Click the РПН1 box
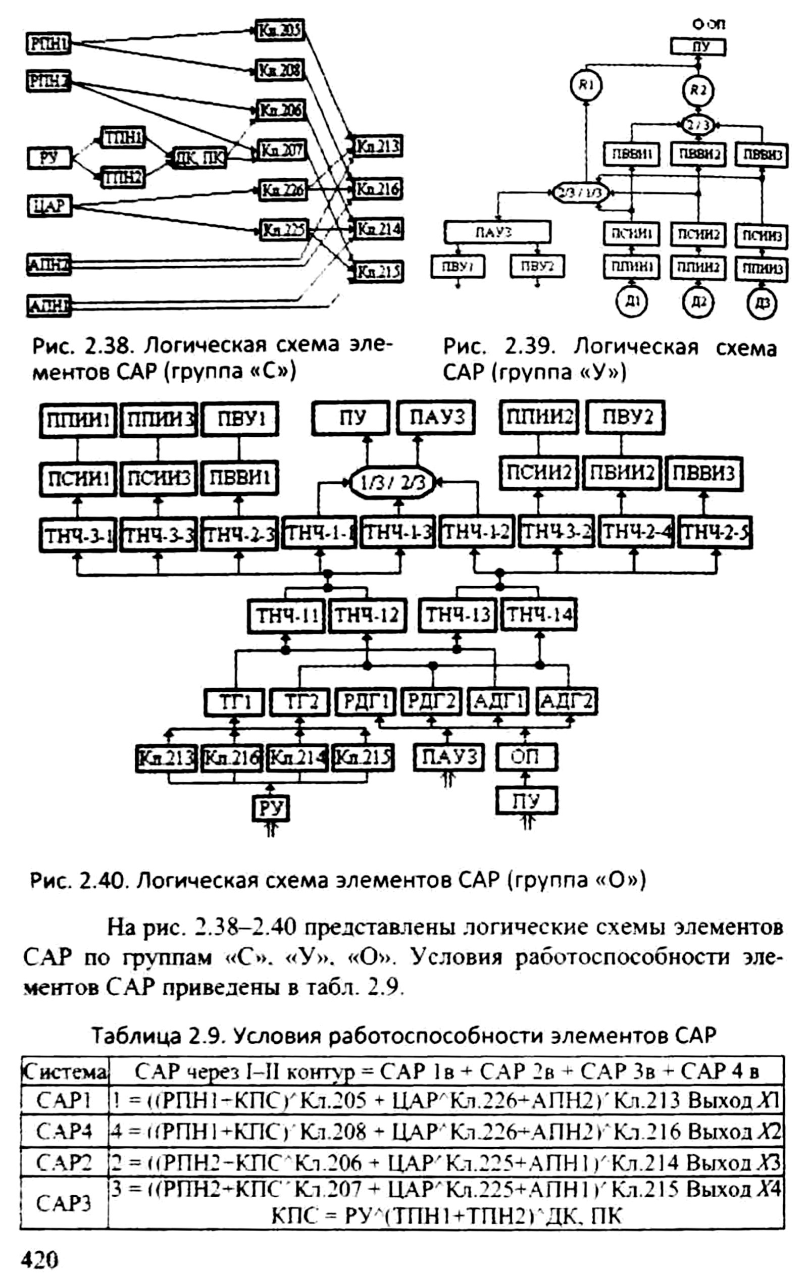(49, 43)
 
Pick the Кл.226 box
(282, 189)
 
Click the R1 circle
(586, 86)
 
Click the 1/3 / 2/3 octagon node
(393, 482)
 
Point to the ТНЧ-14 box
(539, 615)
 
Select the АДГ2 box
(567, 703)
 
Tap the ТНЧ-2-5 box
(716, 534)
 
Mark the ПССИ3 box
(158, 479)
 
